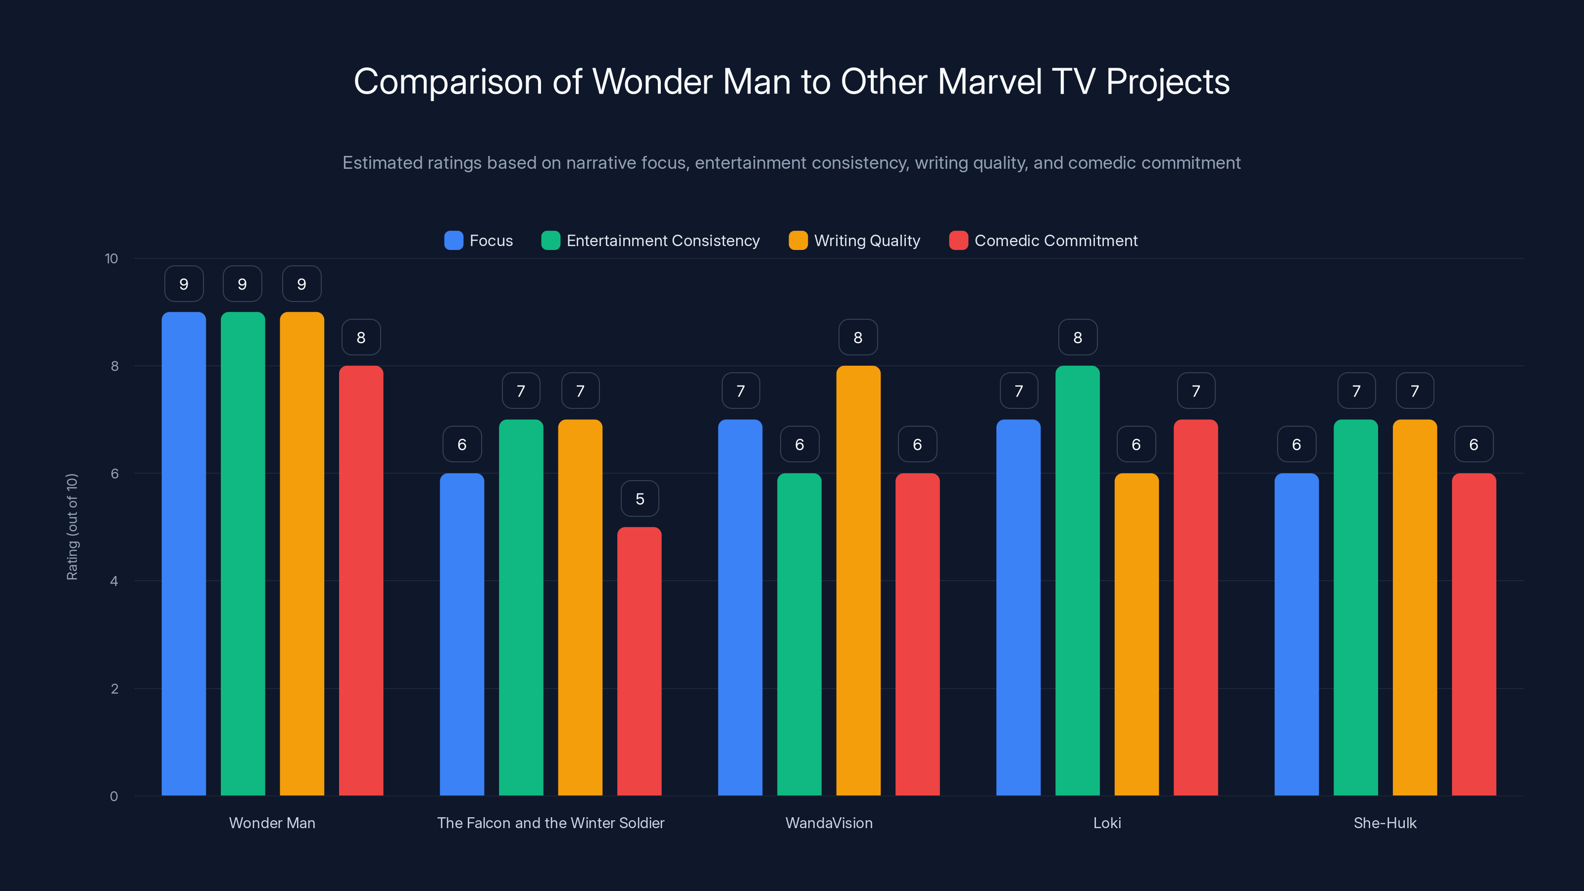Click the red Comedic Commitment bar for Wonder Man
pyautogui.click(x=361, y=581)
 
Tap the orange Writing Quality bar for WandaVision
pyautogui.click(x=858, y=581)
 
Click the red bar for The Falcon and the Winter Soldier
pyautogui.click(x=640, y=661)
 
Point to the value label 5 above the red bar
pyautogui.click(x=640, y=498)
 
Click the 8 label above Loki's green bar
pyautogui.click(x=1077, y=338)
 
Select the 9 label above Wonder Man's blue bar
pyautogui.click(x=184, y=284)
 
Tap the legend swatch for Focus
pyautogui.click(x=454, y=241)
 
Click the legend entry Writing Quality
pyautogui.click(x=866, y=241)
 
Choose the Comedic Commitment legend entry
pyautogui.click(x=1055, y=241)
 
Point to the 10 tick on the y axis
pyautogui.click(x=111, y=258)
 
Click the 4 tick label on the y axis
pyautogui.click(x=114, y=581)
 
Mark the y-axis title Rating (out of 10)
pyautogui.click(x=72, y=527)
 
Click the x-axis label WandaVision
pyautogui.click(x=829, y=823)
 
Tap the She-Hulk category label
pyautogui.click(x=1385, y=823)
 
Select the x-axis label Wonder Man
pyautogui.click(x=272, y=823)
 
